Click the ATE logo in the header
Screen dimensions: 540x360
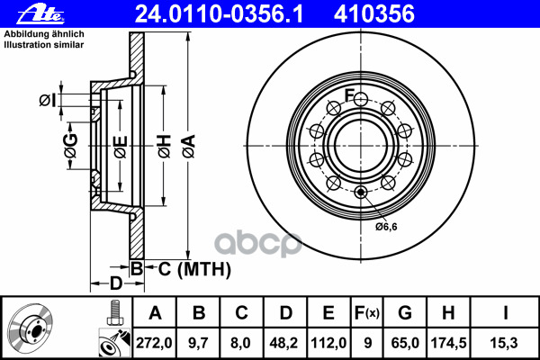tap(41, 14)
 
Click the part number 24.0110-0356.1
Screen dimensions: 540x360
tap(219, 14)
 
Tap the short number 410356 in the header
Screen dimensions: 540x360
tap(374, 14)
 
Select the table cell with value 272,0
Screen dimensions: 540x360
tap(154, 343)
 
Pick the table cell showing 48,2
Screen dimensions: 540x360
tap(285, 343)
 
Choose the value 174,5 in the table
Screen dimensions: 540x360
tap(448, 343)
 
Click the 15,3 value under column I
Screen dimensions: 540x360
tap(504, 343)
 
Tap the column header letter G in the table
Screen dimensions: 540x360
tap(405, 313)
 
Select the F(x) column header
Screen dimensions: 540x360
tap(367, 313)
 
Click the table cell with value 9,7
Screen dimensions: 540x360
tap(198, 343)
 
